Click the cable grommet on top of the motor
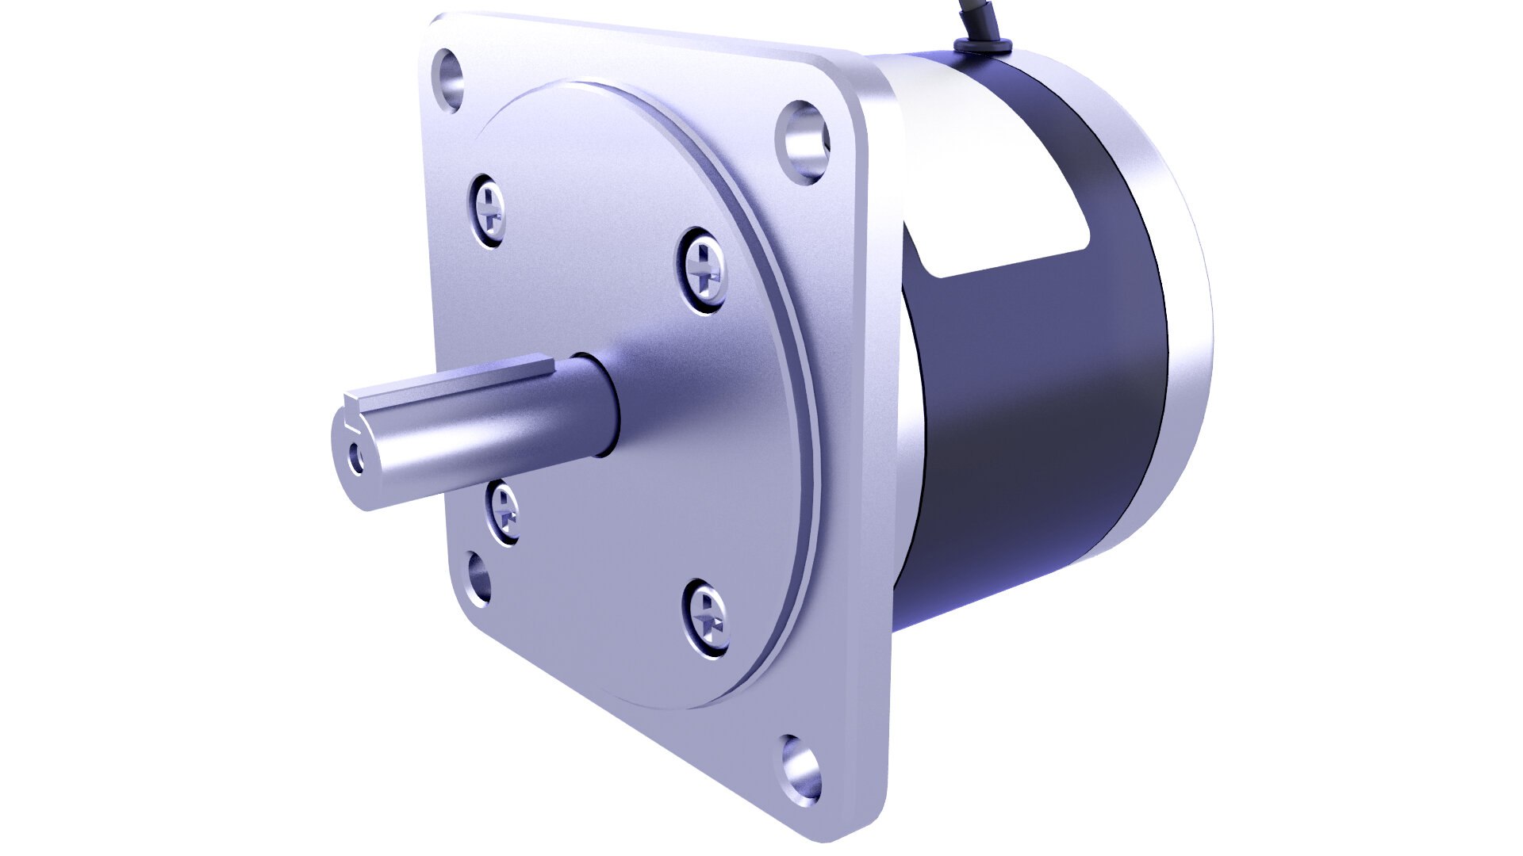click(981, 47)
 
